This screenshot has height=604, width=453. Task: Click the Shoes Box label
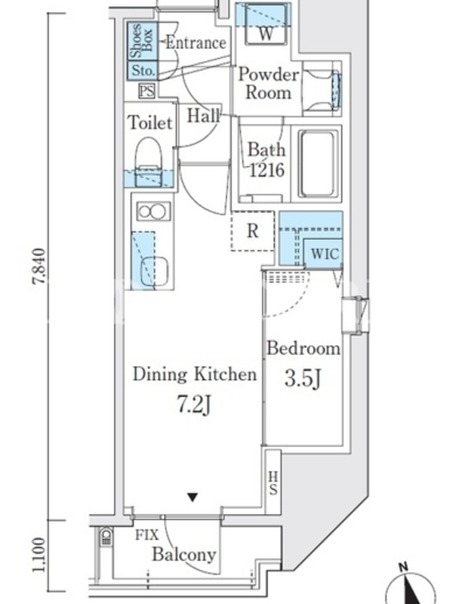pos(142,41)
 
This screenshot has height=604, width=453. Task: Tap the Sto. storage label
pos(143,70)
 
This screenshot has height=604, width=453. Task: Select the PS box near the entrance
pos(146,91)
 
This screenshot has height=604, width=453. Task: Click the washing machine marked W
pos(266,24)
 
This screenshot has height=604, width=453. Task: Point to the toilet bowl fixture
pos(149,162)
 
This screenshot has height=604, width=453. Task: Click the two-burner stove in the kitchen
pos(154,211)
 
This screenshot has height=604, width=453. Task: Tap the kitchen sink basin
pos(155,272)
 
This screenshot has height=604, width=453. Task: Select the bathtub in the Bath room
pos(318,164)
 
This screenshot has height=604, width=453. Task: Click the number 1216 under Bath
pos(267,169)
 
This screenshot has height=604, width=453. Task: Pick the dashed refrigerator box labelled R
pos(253,231)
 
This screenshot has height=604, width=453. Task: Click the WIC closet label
pos(325,254)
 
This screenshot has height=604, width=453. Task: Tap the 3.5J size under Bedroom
pos(303,378)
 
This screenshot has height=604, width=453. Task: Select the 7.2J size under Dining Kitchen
pos(194,405)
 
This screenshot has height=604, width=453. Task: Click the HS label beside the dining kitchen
pos(273,483)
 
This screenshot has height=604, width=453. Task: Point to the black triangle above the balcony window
pos(193,497)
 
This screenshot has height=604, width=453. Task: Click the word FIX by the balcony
pos(146,535)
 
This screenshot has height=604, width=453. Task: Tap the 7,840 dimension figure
pos(39,267)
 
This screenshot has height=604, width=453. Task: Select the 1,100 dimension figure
pos(39,555)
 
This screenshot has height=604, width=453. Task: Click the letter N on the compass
pos(403,567)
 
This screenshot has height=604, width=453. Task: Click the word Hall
pos(204,116)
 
